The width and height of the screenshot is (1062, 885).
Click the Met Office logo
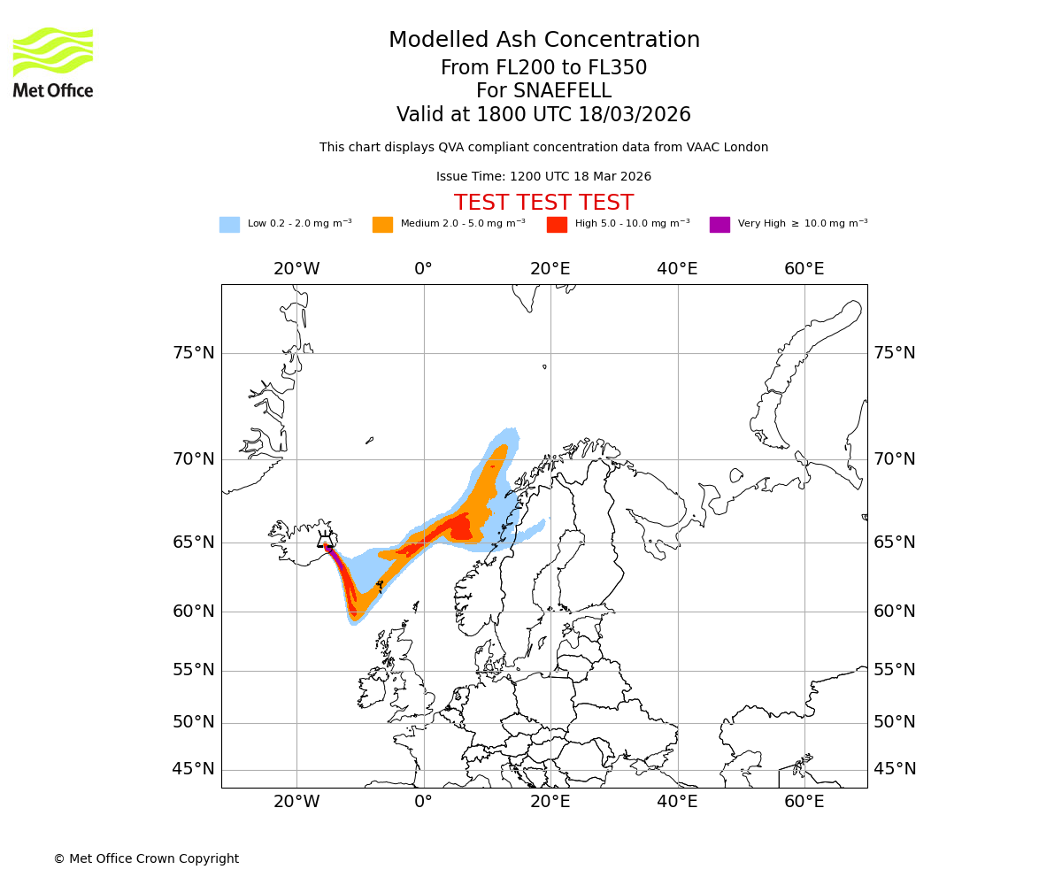[x=53, y=63]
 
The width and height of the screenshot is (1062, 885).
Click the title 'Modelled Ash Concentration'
[x=543, y=41]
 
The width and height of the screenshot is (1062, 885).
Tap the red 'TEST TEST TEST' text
[x=543, y=204]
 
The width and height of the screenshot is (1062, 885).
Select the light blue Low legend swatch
[x=229, y=225]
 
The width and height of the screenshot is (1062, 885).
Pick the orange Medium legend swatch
[x=382, y=225]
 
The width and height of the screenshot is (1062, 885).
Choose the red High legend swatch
[x=557, y=225]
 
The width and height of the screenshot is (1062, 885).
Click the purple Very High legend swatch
[x=720, y=225]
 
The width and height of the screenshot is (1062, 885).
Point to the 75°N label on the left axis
[x=193, y=353]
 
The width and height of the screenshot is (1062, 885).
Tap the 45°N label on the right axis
[x=895, y=769]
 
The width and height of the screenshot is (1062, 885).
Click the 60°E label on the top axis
[x=804, y=269]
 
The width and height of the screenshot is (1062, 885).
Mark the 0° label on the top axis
[x=424, y=269]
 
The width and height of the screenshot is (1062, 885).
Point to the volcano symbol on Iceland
[x=326, y=539]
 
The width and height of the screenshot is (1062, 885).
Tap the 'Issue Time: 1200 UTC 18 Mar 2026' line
[x=543, y=177]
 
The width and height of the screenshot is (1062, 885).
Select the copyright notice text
[x=146, y=859]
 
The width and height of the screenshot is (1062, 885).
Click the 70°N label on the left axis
[x=193, y=459]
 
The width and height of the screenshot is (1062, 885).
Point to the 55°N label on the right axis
[x=895, y=670]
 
